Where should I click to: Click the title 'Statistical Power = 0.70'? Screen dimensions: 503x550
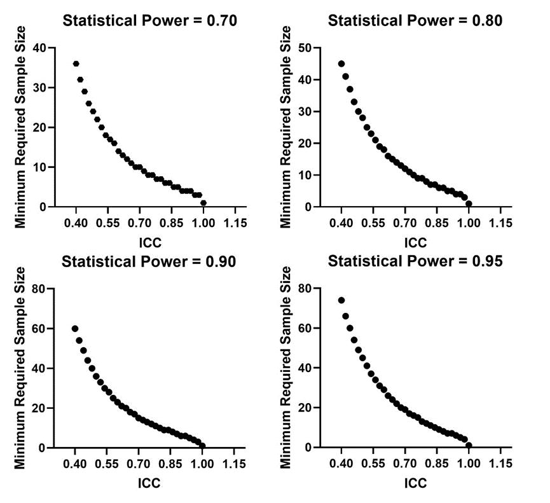[x=149, y=20]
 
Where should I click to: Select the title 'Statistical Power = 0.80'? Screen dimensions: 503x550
[x=415, y=20]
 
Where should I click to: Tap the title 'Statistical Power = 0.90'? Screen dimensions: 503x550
[x=149, y=261]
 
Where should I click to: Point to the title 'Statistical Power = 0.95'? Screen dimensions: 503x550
[x=415, y=261]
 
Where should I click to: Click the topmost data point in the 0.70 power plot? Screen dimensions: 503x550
[x=76, y=64]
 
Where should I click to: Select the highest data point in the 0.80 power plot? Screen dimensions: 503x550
[x=341, y=64]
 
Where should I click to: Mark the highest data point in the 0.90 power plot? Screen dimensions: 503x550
[x=75, y=329]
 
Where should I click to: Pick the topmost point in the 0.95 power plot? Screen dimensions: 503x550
[x=341, y=300]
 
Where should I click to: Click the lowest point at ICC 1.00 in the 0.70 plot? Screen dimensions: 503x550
[x=203, y=203]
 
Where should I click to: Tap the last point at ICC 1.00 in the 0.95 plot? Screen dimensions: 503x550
[x=469, y=445]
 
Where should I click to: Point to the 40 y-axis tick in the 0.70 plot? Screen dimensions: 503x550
[x=41, y=48]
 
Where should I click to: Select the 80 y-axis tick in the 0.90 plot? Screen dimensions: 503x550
[x=41, y=289]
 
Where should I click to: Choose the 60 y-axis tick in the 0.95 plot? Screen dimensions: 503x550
[x=307, y=329]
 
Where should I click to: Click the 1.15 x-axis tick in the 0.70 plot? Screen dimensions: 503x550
[x=235, y=224]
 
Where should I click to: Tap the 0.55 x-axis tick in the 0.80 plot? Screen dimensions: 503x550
[x=373, y=224]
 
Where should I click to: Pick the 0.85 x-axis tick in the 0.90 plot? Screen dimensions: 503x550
[x=172, y=464]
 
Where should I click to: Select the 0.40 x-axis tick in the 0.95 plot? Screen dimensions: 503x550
[x=341, y=464]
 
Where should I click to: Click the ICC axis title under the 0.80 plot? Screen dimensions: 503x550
[x=415, y=242]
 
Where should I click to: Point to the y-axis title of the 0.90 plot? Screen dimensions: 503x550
[x=20, y=368]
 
